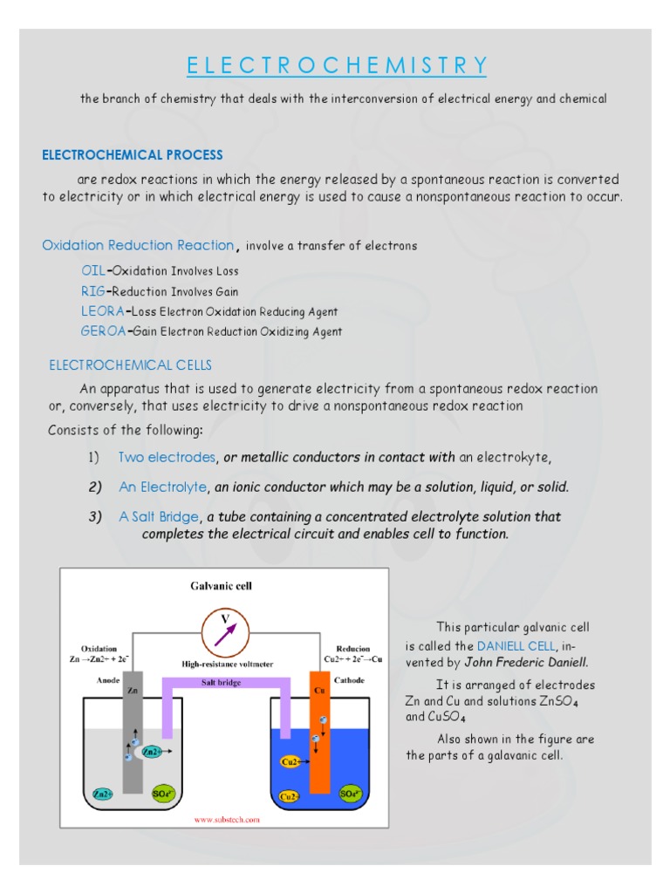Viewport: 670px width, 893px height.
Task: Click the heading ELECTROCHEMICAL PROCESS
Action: tap(133, 155)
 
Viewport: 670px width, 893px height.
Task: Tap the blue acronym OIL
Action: tap(92, 271)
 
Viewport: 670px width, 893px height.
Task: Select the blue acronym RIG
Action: tap(92, 291)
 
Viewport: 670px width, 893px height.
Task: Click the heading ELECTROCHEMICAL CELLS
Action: tap(130, 365)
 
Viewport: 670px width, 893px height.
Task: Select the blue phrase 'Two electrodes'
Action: tap(167, 457)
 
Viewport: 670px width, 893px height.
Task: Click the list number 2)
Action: tap(95, 487)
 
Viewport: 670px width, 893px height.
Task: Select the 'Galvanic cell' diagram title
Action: tap(222, 586)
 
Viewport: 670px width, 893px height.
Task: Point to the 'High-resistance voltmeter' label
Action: tap(227, 665)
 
